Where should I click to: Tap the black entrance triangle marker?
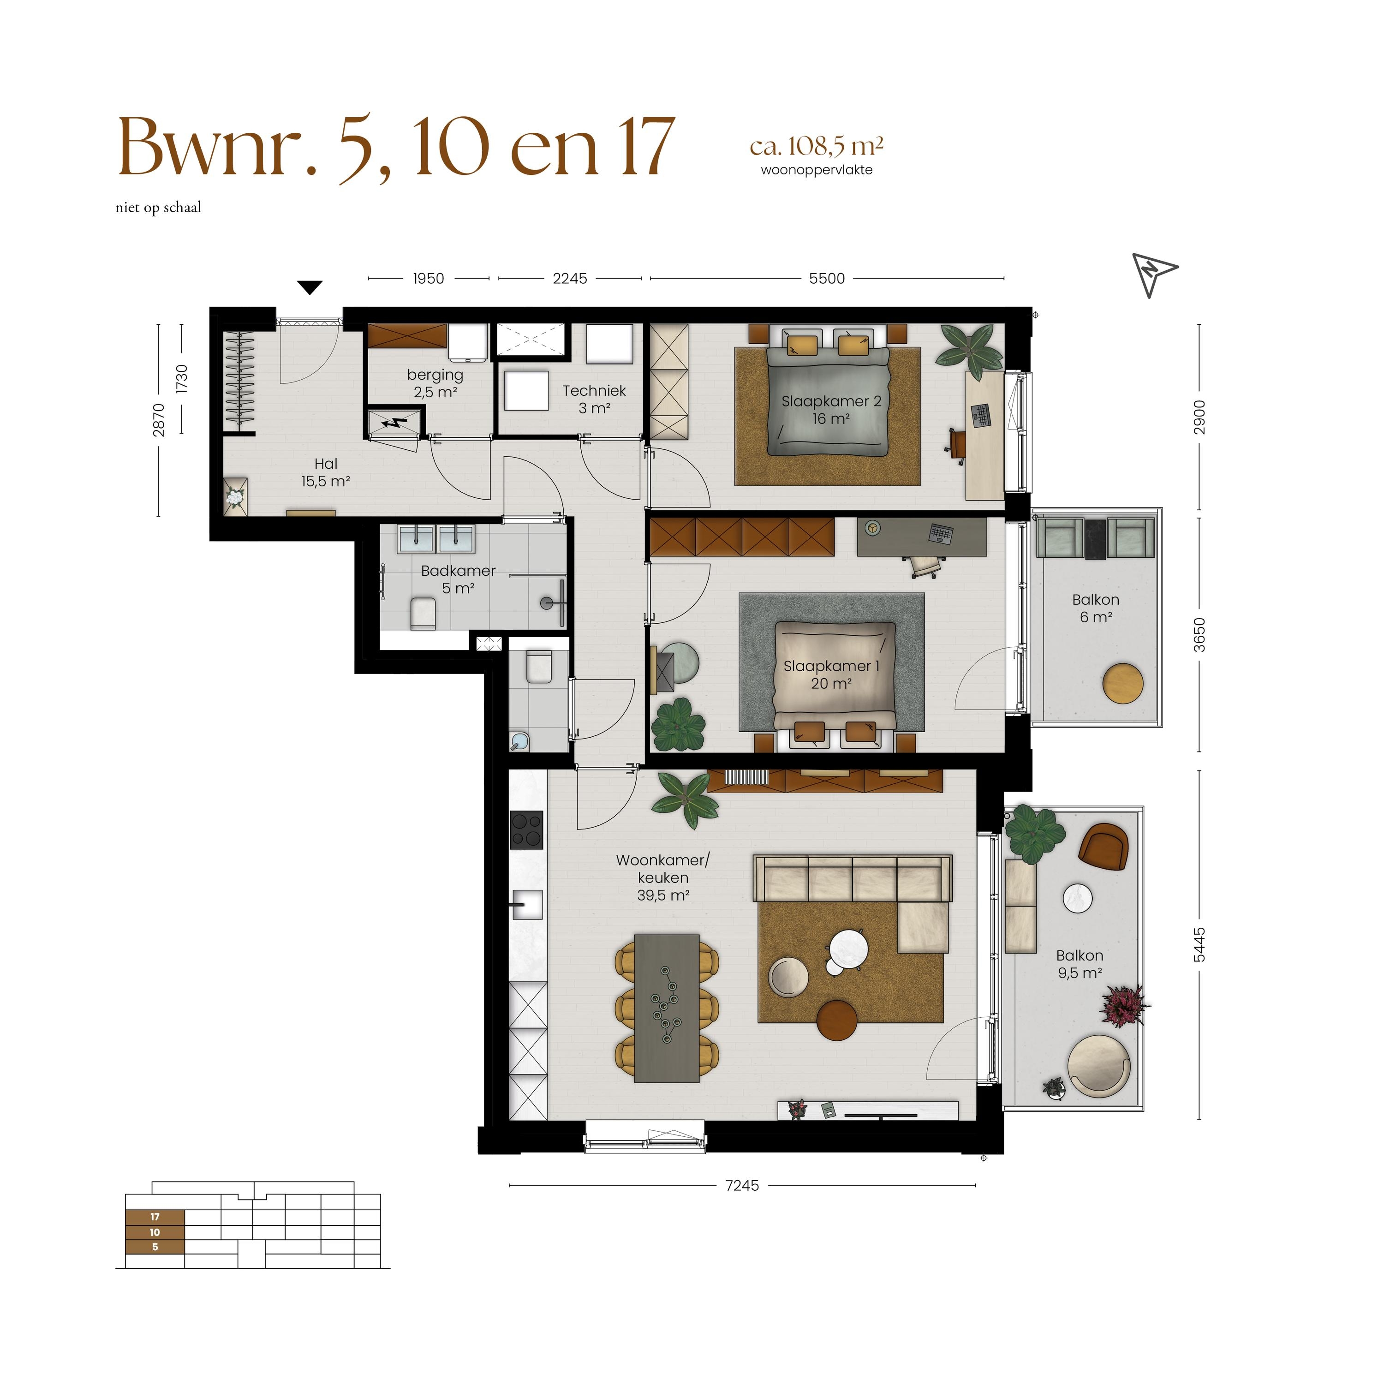click(310, 288)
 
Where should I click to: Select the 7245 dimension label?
click(742, 1186)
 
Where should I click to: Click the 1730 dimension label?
click(182, 378)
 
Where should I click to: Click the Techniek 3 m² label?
click(594, 400)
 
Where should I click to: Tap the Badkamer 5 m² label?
click(459, 579)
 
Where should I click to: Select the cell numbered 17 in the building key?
click(155, 1217)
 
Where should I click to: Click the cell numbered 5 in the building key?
click(155, 1247)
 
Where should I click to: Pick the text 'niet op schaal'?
click(158, 208)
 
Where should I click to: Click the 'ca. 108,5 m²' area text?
click(817, 146)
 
